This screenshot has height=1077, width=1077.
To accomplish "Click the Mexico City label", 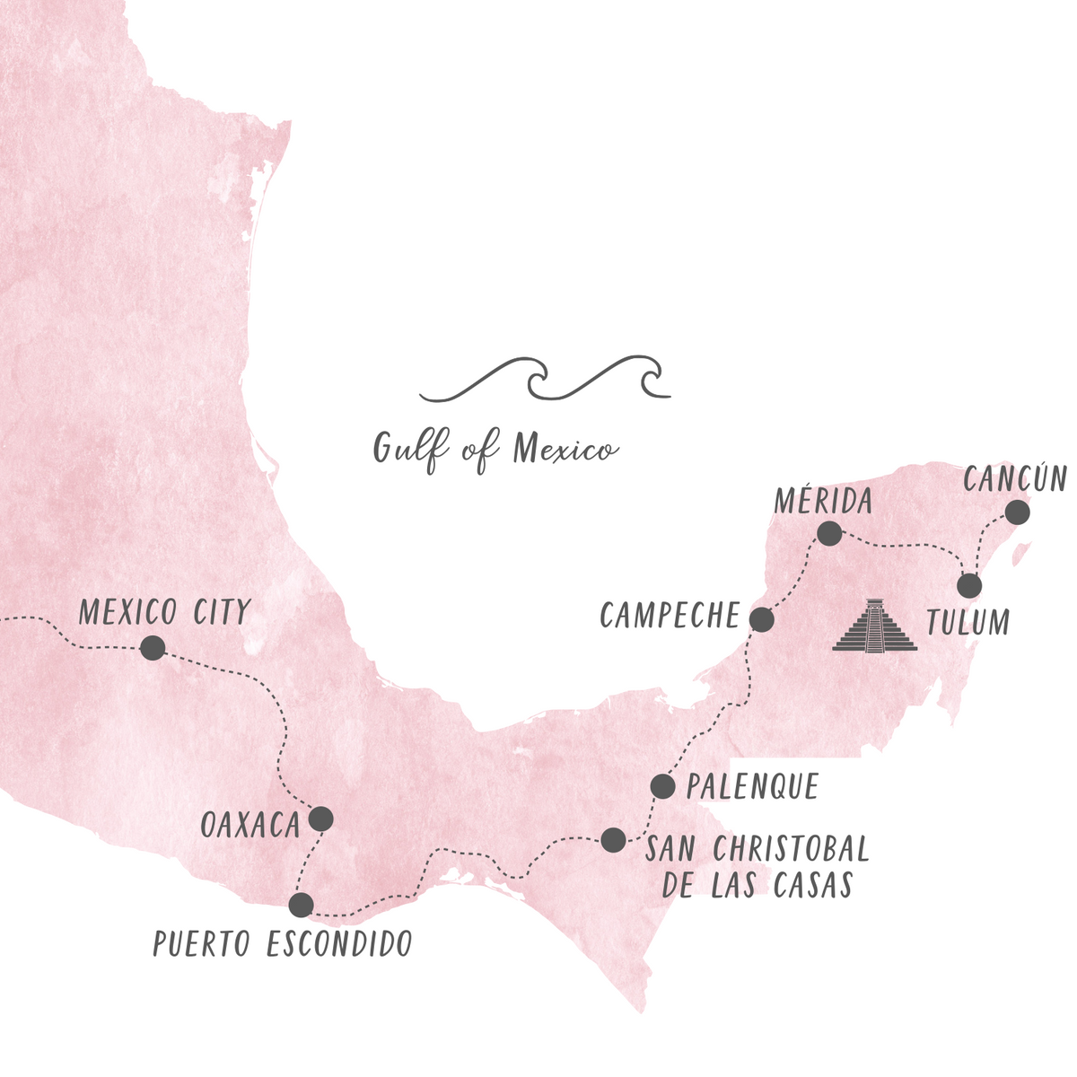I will [x=164, y=612].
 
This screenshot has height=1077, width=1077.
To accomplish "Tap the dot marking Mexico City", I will [x=153, y=648].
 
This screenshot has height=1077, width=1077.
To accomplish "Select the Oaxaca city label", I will [x=250, y=825].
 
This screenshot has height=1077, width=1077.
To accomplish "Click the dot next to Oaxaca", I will [x=320, y=819].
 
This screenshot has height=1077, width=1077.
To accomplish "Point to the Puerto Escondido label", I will [x=282, y=943].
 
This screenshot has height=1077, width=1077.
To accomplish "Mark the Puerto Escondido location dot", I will [x=302, y=905].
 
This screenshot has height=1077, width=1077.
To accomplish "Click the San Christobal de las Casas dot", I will [x=613, y=840].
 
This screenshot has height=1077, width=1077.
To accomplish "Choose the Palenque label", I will [x=752, y=787].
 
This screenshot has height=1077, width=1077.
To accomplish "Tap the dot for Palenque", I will [x=662, y=786].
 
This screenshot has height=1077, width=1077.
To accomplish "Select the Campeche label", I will [x=670, y=616].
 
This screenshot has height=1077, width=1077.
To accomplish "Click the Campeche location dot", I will [x=761, y=619].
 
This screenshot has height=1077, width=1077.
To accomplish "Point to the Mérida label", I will [x=823, y=501].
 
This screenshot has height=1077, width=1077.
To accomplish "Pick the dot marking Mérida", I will [x=829, y=534].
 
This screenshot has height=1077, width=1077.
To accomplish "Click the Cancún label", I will [x=1014, y=479].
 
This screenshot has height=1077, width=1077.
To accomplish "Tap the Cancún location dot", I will [x=1017, y=512].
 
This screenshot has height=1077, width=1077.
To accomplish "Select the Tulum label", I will [x=968, y=622].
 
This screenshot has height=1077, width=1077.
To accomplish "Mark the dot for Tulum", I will [x=969, y=586].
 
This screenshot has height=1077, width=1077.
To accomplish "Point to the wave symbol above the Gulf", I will [x=545, y=379].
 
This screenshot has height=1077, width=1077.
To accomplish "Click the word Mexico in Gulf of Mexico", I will [x=565, y=448].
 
